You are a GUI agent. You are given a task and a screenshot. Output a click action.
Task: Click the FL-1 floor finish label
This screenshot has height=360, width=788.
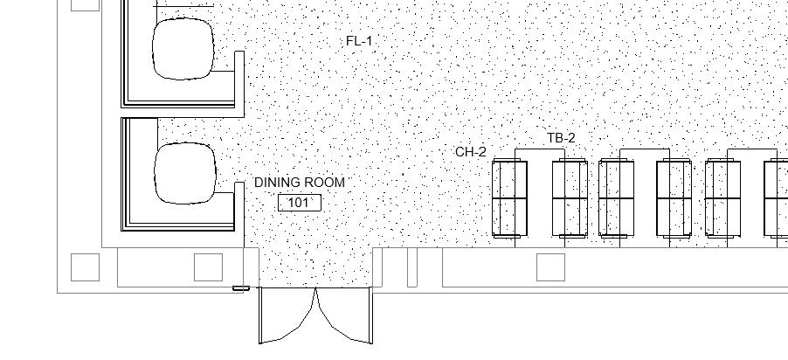click(359, 41)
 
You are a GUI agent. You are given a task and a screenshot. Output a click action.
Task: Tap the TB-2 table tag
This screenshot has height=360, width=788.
click(561, 138)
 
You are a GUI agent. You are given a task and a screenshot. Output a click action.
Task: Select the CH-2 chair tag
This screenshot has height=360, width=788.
click(471, 152)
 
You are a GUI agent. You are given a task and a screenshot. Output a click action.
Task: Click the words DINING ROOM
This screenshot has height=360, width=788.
click(300, 183)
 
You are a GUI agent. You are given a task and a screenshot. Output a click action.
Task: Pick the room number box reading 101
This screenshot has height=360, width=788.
click(299, 203)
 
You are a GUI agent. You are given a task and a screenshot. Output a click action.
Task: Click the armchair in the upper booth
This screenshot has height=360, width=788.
click(183, 48)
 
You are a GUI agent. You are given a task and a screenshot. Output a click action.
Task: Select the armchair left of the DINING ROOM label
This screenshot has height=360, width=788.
click(184, 173)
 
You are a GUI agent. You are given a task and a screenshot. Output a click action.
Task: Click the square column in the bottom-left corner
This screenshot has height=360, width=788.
click(85, 267)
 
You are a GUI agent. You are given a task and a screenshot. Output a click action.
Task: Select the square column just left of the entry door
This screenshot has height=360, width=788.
click(208, 267)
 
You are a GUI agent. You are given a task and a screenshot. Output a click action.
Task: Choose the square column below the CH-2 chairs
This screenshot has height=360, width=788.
click(550, 267)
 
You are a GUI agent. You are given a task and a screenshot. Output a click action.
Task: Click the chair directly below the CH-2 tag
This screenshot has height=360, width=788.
click(509, 198)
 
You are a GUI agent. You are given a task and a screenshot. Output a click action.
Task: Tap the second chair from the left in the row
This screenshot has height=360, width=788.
click(570, 198)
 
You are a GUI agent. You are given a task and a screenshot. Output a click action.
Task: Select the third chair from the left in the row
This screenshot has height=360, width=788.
click(617, 198)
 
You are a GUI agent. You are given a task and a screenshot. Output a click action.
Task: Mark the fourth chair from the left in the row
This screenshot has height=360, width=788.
click(674, 198)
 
